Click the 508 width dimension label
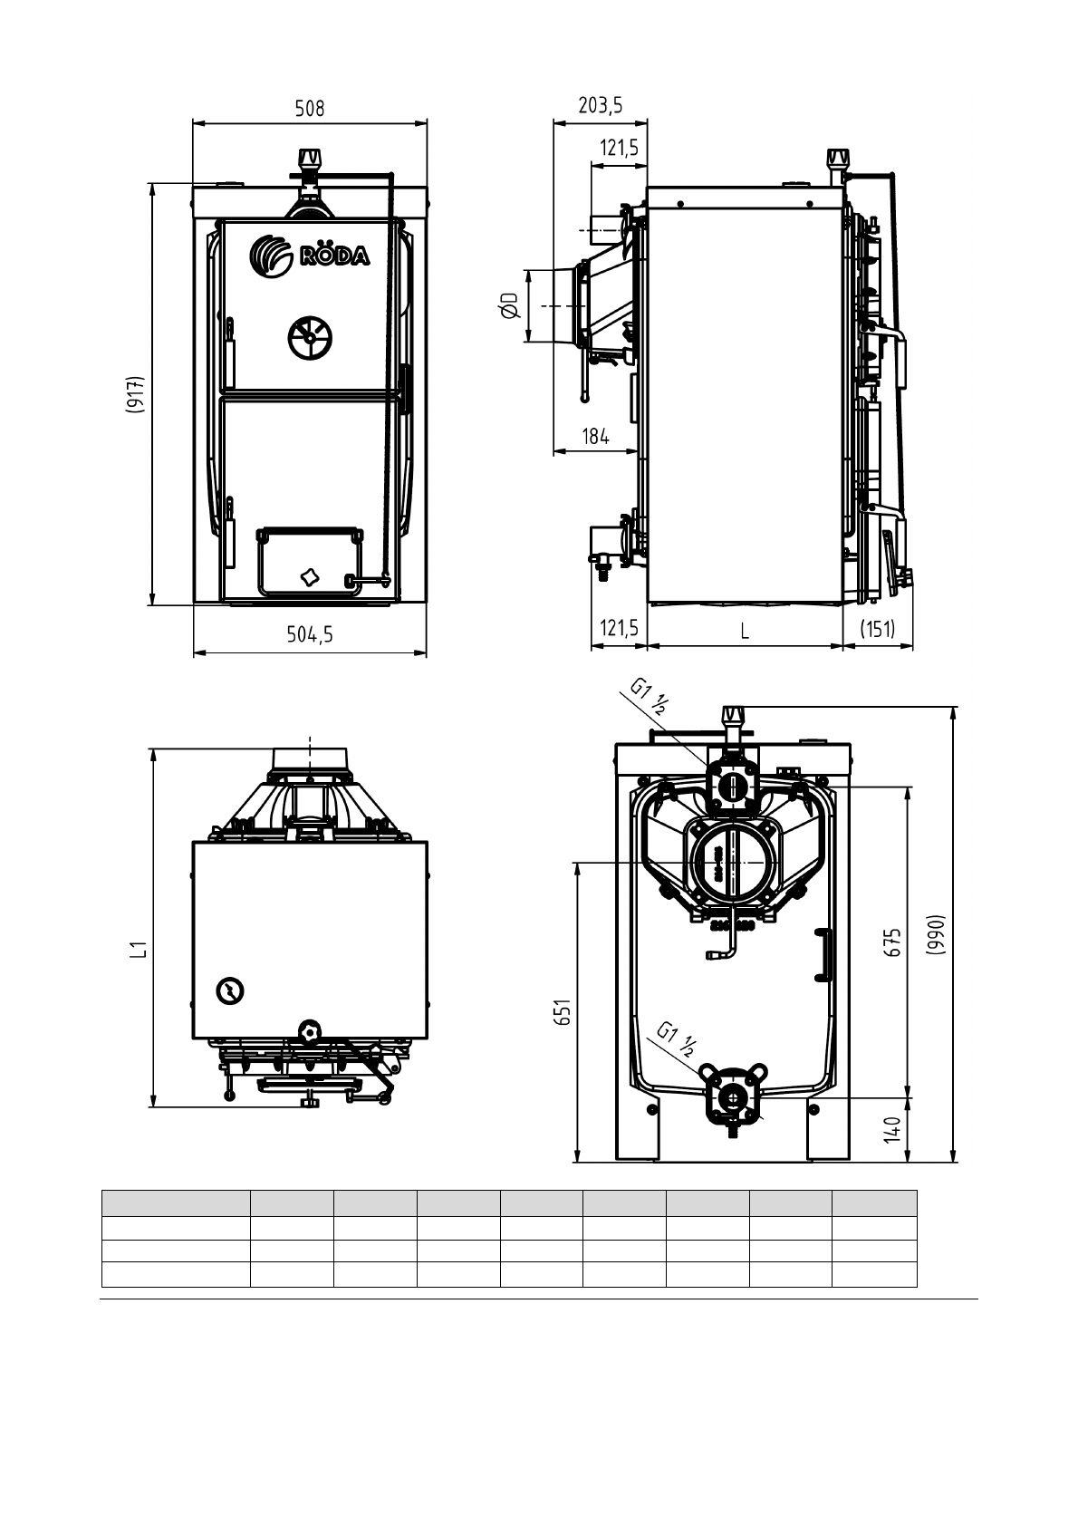click(x=309, y=109)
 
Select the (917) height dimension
click(x=134, y=394)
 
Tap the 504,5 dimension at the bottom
click(x=310, y=635)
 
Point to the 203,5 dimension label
click(x=601, y=106)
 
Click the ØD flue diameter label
click(x=509, y=306)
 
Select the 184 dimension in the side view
click(x=595, y=437)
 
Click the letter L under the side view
click(x=745, y=631)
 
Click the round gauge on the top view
click(x=230, y=991)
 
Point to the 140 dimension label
click(x=893, y=1129)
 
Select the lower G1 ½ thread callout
click(x=677, y=1039)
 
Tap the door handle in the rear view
click(x=823, y=955)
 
